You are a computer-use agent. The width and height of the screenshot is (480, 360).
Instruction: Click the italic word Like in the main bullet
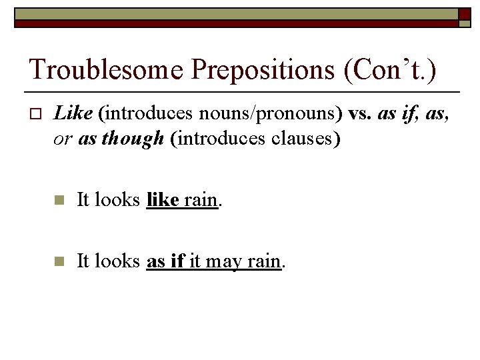73,114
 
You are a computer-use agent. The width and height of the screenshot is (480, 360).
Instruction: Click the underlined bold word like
163,199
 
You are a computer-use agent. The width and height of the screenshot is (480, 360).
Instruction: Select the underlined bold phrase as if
165,261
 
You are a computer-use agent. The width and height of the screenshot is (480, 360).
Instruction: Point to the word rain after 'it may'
264,261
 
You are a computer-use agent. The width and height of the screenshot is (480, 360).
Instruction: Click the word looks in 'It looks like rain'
117,199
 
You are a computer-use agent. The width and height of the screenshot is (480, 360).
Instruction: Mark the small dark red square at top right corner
465,13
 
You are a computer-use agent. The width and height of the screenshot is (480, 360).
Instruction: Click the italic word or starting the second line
64,138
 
